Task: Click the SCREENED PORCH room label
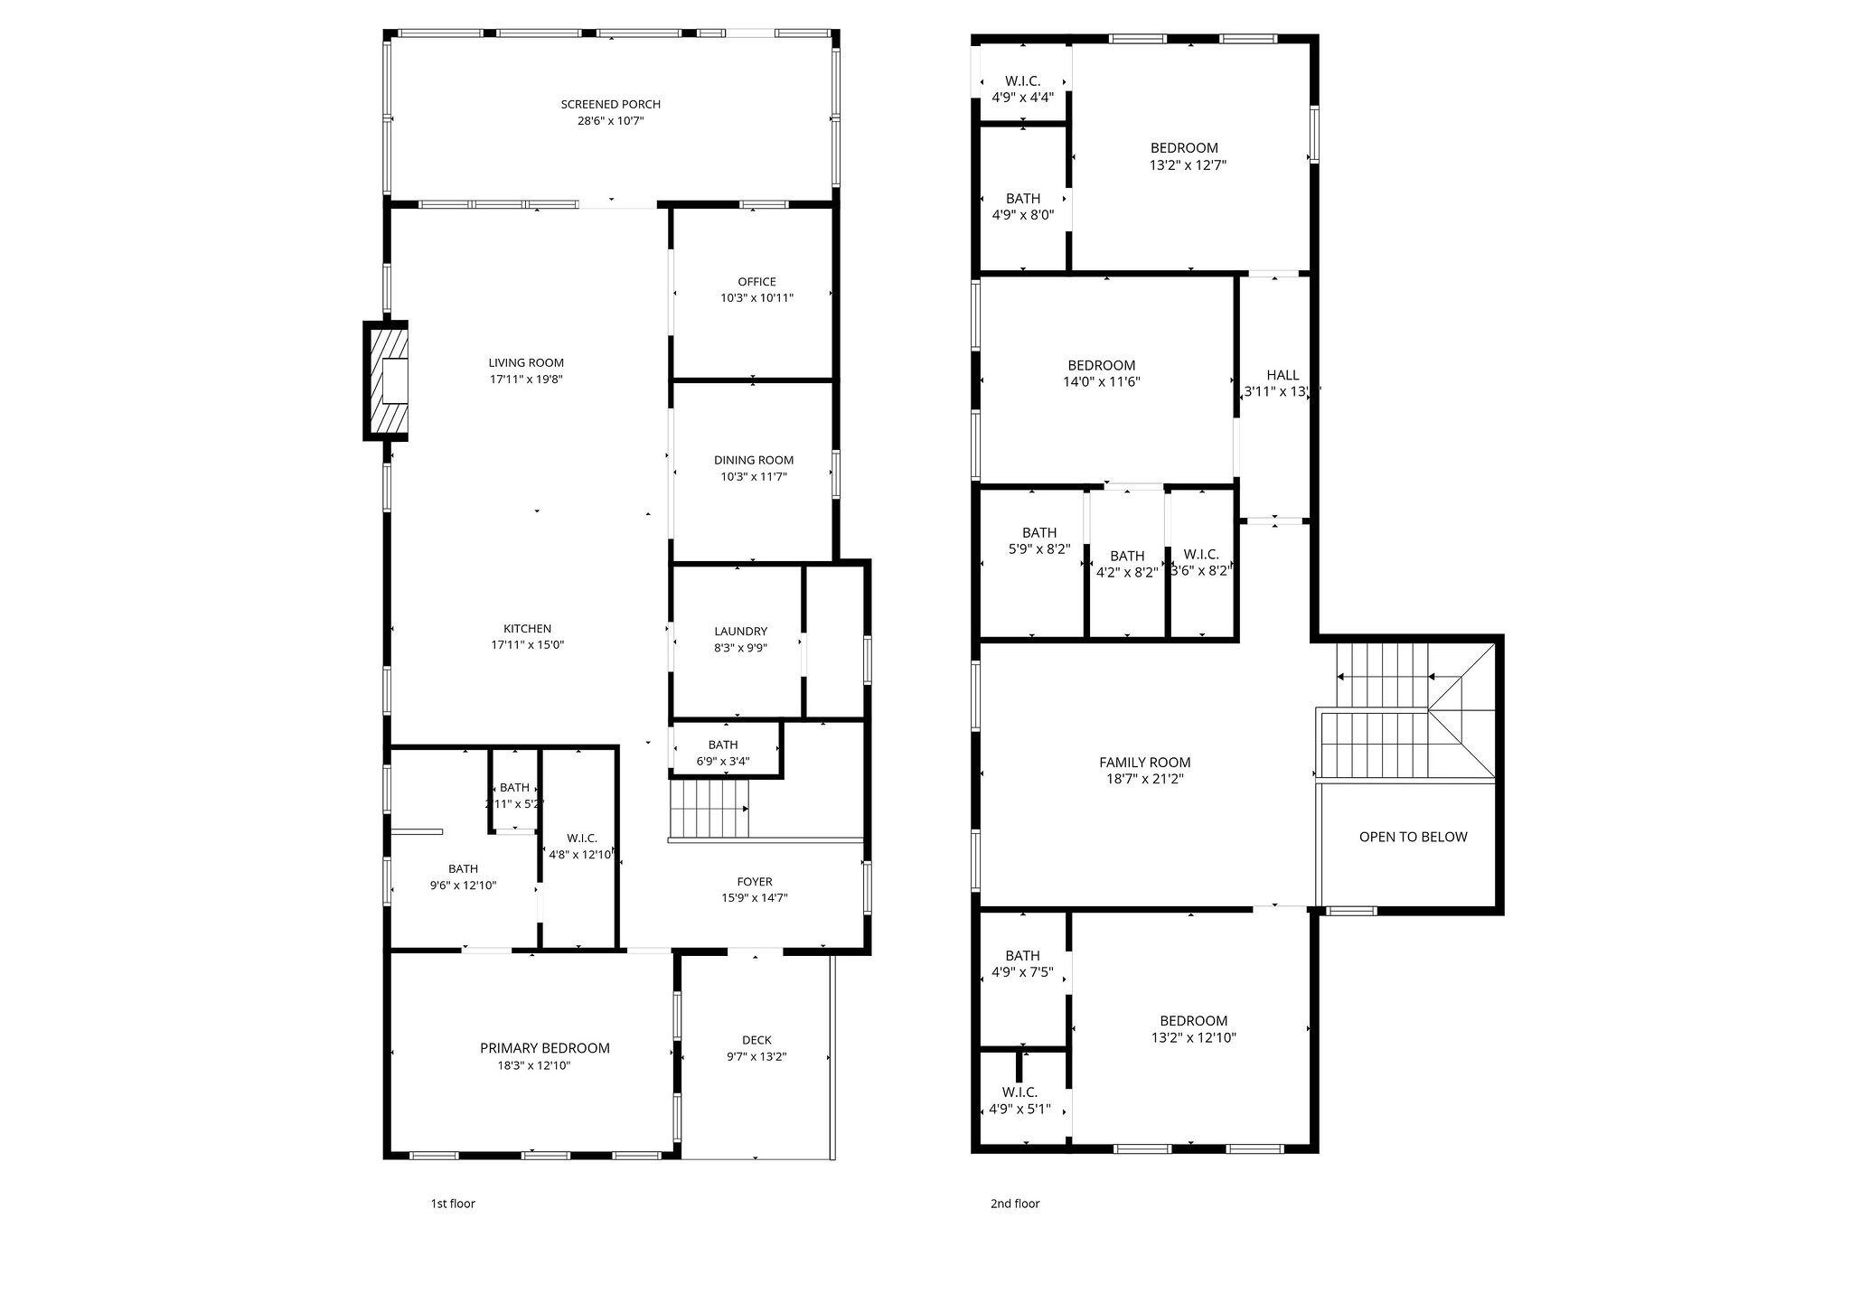pos(610,104)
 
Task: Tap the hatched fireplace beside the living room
pos(386,380)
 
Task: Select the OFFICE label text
pos(756,282)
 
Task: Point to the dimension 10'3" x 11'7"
pos(753,476)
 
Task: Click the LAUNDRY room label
pos(740,632)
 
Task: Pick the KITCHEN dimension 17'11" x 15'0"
pos(528,645)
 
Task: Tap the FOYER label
pos(755,882)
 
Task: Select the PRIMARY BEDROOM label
pos(544,1048)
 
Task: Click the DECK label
pos(756,1040)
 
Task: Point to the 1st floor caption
pos(452,1204)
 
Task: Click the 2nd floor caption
pos(1015,1204)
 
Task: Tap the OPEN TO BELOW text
pos(1413,837)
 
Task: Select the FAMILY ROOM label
pos(1144,763)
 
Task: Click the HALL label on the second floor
pos(1283,375)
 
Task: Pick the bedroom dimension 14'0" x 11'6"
pos(1101,382)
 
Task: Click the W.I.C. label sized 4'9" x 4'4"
pos(1022,81)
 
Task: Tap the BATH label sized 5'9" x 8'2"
pos(1038,533)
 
